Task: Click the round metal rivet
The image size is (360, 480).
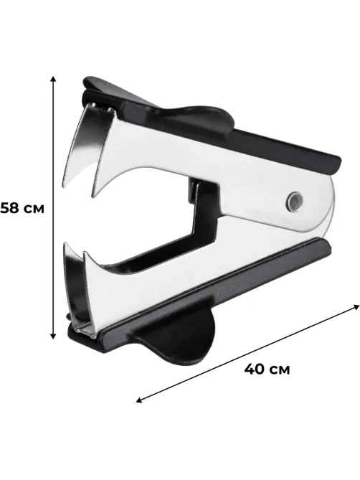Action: click(x=294, y=202)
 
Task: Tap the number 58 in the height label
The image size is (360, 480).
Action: click(x=9, y=208)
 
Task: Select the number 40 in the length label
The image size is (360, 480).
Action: click(x=254, y=370)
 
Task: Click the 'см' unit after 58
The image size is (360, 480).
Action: click(x=34, y=209)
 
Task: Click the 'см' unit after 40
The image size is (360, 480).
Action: click(x=280, y=370)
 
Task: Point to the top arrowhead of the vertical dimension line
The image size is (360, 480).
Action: click(x=53, y=79)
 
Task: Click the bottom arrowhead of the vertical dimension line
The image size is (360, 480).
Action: click(x=53, y=336)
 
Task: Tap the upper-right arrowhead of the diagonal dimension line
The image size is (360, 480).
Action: click(x=356, y=307)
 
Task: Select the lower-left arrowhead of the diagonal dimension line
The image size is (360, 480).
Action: click(x=139, y=400)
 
